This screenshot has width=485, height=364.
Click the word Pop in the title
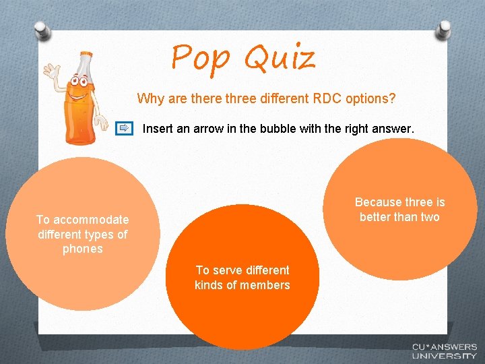[x=200, y=58]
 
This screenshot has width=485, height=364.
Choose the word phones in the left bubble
[x=83, y=249]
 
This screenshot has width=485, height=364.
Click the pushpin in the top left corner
[x=42, y=30]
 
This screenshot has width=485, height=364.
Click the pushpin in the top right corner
[x=445, y=30]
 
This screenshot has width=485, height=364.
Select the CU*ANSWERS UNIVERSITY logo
[x=444, y=351]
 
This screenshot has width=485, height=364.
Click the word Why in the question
[x=148, y=98]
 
